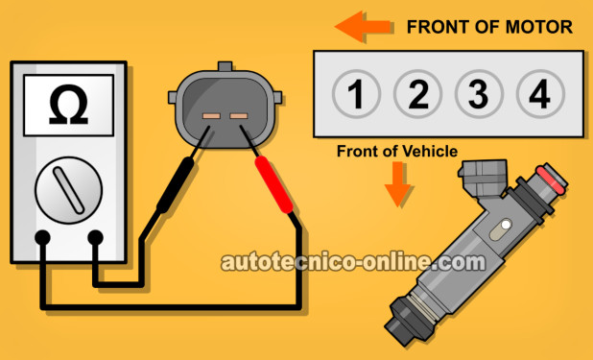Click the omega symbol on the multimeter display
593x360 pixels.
tap(68, 105)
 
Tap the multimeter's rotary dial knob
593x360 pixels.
tap(68, 190)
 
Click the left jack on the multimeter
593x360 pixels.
tap(42, 238)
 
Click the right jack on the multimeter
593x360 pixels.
tap(95, 238)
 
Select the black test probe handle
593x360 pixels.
tap(175, 185)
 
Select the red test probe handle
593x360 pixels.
tap(273, 184)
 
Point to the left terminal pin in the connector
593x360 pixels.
tap(211, 116)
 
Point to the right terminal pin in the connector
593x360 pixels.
tap(239, 116)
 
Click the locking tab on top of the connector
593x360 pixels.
tap(225, 66)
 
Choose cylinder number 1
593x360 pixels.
tap(356, 94)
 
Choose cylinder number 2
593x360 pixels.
tap(417, 94)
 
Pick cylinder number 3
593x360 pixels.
tap(479, 94)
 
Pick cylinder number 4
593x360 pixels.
tap(540, 94)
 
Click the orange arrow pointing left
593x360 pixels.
tap(363, 27)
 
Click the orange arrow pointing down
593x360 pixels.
tap(397, 184)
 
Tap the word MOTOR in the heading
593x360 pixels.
tap(539, 27)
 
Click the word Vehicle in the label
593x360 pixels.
tap(427, 152)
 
